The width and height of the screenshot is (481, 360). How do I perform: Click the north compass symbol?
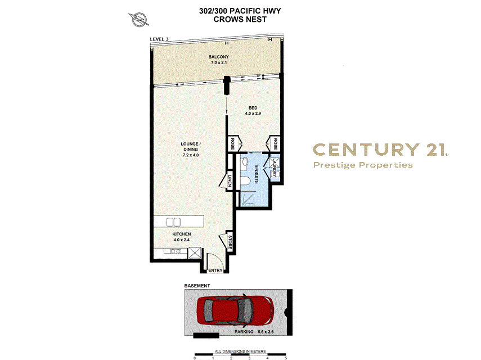(138, 20)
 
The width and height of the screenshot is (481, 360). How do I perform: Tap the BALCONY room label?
(218, 57)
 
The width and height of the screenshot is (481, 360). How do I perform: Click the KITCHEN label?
(181, 233)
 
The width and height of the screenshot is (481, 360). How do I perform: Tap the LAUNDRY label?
(275, 168)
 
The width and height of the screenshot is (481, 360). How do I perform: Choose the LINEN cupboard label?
(231, 181)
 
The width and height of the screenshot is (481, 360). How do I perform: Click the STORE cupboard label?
(230, 242)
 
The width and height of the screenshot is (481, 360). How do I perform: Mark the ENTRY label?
(215, 271)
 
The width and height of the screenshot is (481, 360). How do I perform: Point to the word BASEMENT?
(197, 286)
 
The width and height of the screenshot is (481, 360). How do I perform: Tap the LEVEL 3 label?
(159, 39)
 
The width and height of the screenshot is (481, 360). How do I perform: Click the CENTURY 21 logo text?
(380, 149)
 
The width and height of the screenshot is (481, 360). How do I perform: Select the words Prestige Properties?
(363, 165)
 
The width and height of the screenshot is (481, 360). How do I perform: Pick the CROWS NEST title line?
(240, 19)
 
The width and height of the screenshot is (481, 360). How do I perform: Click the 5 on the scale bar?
(286, 357)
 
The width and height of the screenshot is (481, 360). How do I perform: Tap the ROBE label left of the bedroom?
(232, 143)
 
